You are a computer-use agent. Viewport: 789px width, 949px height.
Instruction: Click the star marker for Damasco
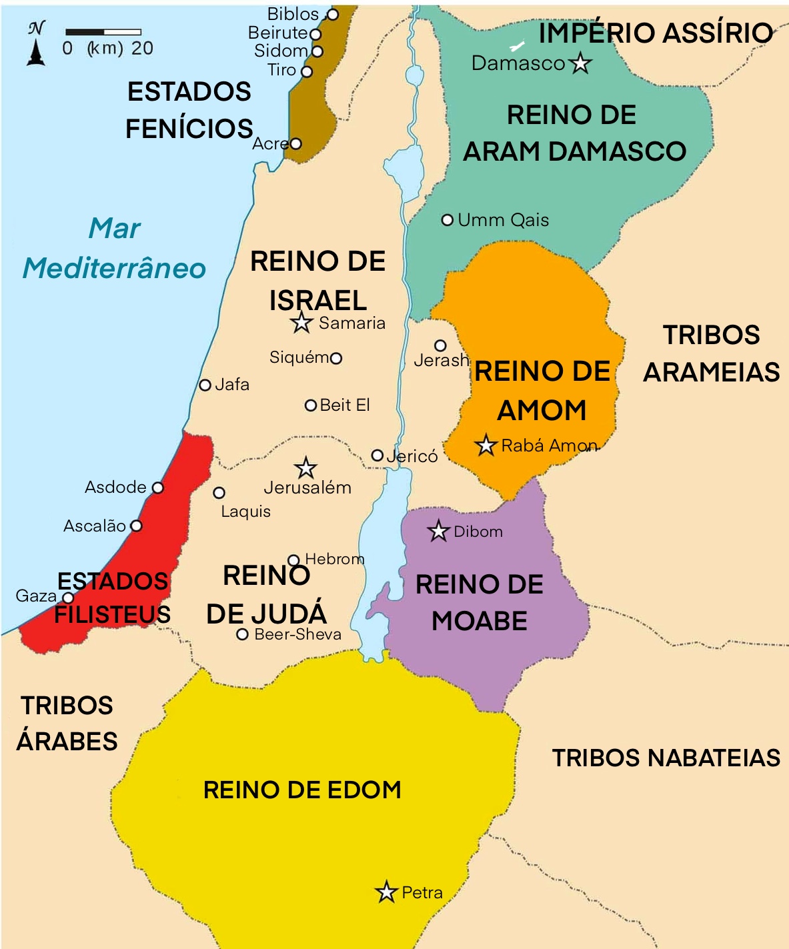point(580,63)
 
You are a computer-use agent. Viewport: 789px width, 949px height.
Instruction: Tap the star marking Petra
point(386,892)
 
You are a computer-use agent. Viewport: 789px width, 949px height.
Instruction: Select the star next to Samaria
point(301,323)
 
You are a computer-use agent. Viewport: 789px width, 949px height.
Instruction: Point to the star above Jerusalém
point(305,467)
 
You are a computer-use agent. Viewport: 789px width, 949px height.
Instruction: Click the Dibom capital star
point(438,532)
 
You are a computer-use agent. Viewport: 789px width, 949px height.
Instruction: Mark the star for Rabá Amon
point(486,445)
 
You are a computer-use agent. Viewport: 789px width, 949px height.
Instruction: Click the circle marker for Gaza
point(68,598)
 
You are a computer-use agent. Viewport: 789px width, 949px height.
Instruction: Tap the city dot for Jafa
point(205,385)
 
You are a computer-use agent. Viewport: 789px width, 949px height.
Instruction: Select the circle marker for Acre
point(296,143)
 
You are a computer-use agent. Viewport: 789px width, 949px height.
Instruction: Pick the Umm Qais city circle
point(448,220)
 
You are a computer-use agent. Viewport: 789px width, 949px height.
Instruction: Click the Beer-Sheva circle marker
point(243,634)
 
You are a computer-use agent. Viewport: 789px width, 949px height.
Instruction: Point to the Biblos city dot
point(333,14)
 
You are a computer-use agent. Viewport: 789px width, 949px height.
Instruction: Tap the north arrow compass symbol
point(36,45)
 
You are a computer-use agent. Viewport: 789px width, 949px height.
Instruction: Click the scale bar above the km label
point(103,32)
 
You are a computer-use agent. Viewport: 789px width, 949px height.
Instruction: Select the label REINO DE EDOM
point(302,790)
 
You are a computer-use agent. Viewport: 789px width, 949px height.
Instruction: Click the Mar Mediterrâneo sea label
point(114,248)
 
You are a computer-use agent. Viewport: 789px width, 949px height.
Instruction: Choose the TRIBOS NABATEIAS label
point(666,758)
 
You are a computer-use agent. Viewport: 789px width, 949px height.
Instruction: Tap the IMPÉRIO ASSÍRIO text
point(655,33)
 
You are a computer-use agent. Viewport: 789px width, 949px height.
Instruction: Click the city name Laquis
point(246,512)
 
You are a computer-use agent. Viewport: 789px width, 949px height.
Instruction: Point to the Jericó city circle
point(377,455)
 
